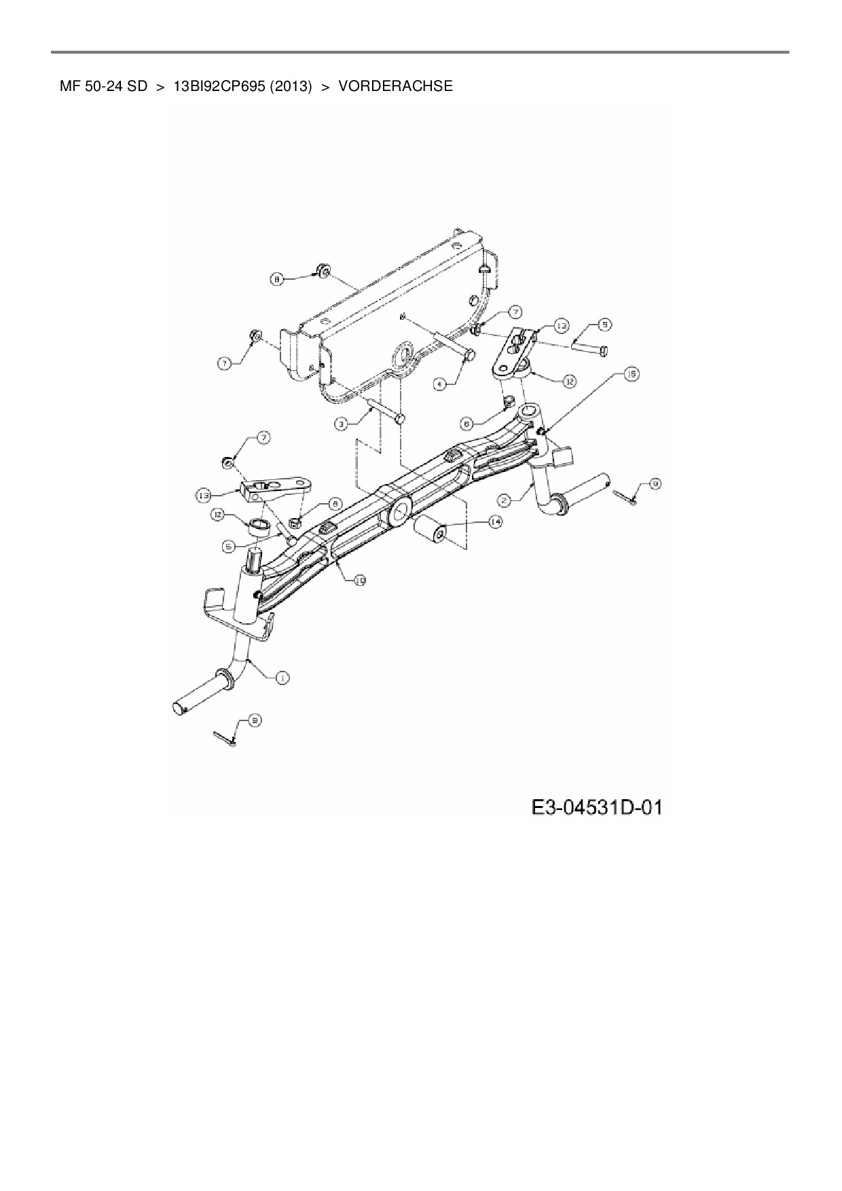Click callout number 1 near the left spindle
[282, 677]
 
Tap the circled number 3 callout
[342, 424]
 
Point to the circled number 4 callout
[440, 384]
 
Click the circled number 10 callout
[359, 580]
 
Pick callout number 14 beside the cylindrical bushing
[495, 521]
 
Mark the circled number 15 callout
[631, 373]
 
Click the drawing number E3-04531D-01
[597, 808]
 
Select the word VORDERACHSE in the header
[395, 86]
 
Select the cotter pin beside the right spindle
[626, 496]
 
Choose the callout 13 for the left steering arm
[204, 496]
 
